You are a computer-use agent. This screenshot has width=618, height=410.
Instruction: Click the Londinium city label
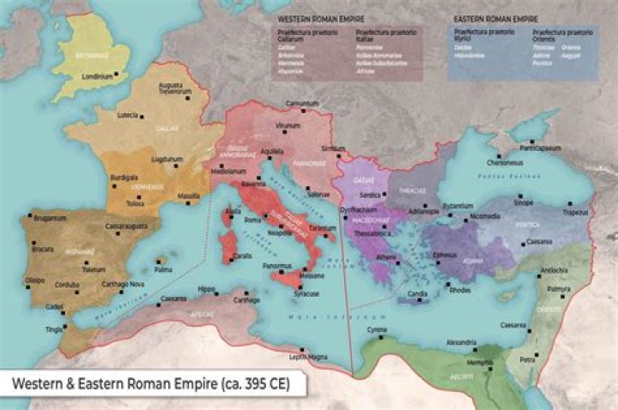pyautogui.click(x=97, y=75)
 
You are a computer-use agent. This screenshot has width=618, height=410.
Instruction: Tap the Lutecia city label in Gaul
pyautogui.click(x=127, y=115)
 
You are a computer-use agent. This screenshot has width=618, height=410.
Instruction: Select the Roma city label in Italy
pyautogui.click(x=252, y=220)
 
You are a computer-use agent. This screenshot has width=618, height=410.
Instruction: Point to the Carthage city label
pyautogui.click(x=245, y=301)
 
